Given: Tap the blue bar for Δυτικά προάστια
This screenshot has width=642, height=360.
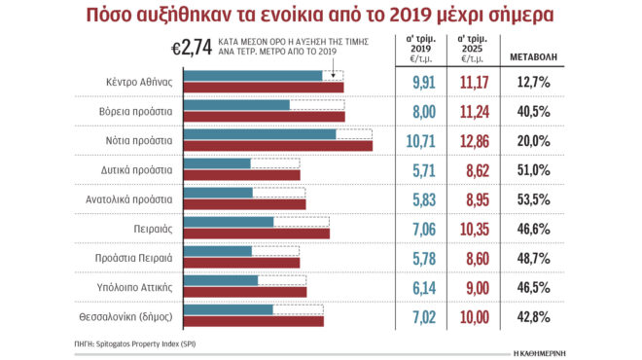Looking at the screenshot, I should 217,163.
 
